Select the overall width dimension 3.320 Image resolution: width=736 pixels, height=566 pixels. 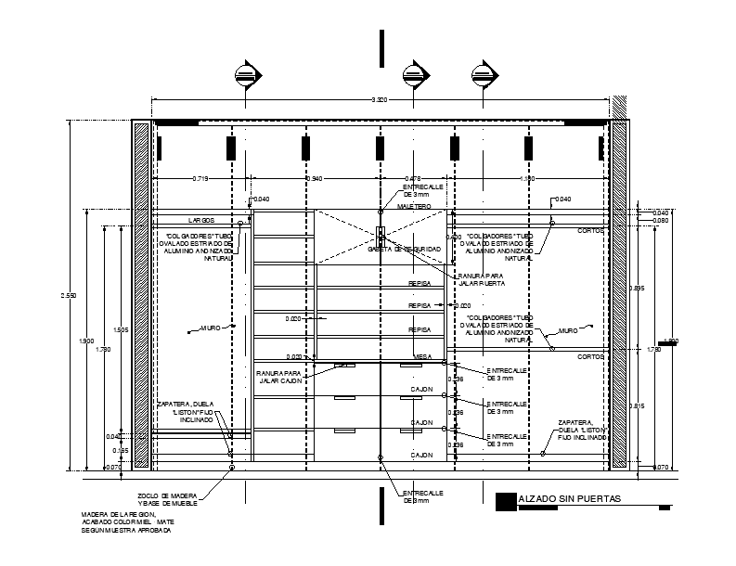coord(380,100)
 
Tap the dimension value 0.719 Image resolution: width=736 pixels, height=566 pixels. coord(200,178)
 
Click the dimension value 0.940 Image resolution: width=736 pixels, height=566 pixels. coord(316,178)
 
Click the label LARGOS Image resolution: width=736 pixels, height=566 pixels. coord(201,221)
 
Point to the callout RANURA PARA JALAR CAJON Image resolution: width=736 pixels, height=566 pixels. coord(281,376)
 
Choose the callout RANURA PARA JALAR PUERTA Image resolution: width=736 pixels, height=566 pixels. coord(480,278)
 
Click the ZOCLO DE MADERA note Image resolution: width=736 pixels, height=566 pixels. coord(174,498)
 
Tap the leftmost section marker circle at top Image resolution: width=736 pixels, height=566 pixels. coord(245,74)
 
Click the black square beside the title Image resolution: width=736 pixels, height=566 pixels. coord(505,500)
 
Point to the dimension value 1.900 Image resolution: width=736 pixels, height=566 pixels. coord(86,342)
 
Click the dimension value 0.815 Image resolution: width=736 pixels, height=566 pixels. coord(638,405)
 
